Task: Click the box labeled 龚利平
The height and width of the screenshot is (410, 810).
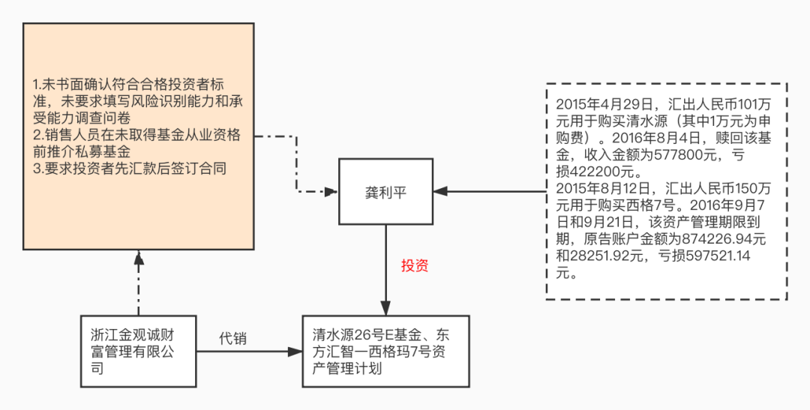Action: (x=385, y=191)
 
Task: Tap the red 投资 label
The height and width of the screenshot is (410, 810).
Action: (x=414, y=265)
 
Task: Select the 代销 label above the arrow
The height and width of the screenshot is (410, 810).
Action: (x=232, y=339)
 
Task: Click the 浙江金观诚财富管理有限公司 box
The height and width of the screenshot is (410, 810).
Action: (x=139, y=351)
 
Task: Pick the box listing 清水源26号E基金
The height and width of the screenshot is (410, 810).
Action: (x=385, y=351)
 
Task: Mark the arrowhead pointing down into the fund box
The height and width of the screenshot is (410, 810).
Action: (x=385, y=307)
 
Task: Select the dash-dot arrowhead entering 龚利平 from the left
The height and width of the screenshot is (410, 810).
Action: (x=331, y=192)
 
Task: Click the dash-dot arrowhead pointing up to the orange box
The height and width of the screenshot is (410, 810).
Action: (x=138, y=257)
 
